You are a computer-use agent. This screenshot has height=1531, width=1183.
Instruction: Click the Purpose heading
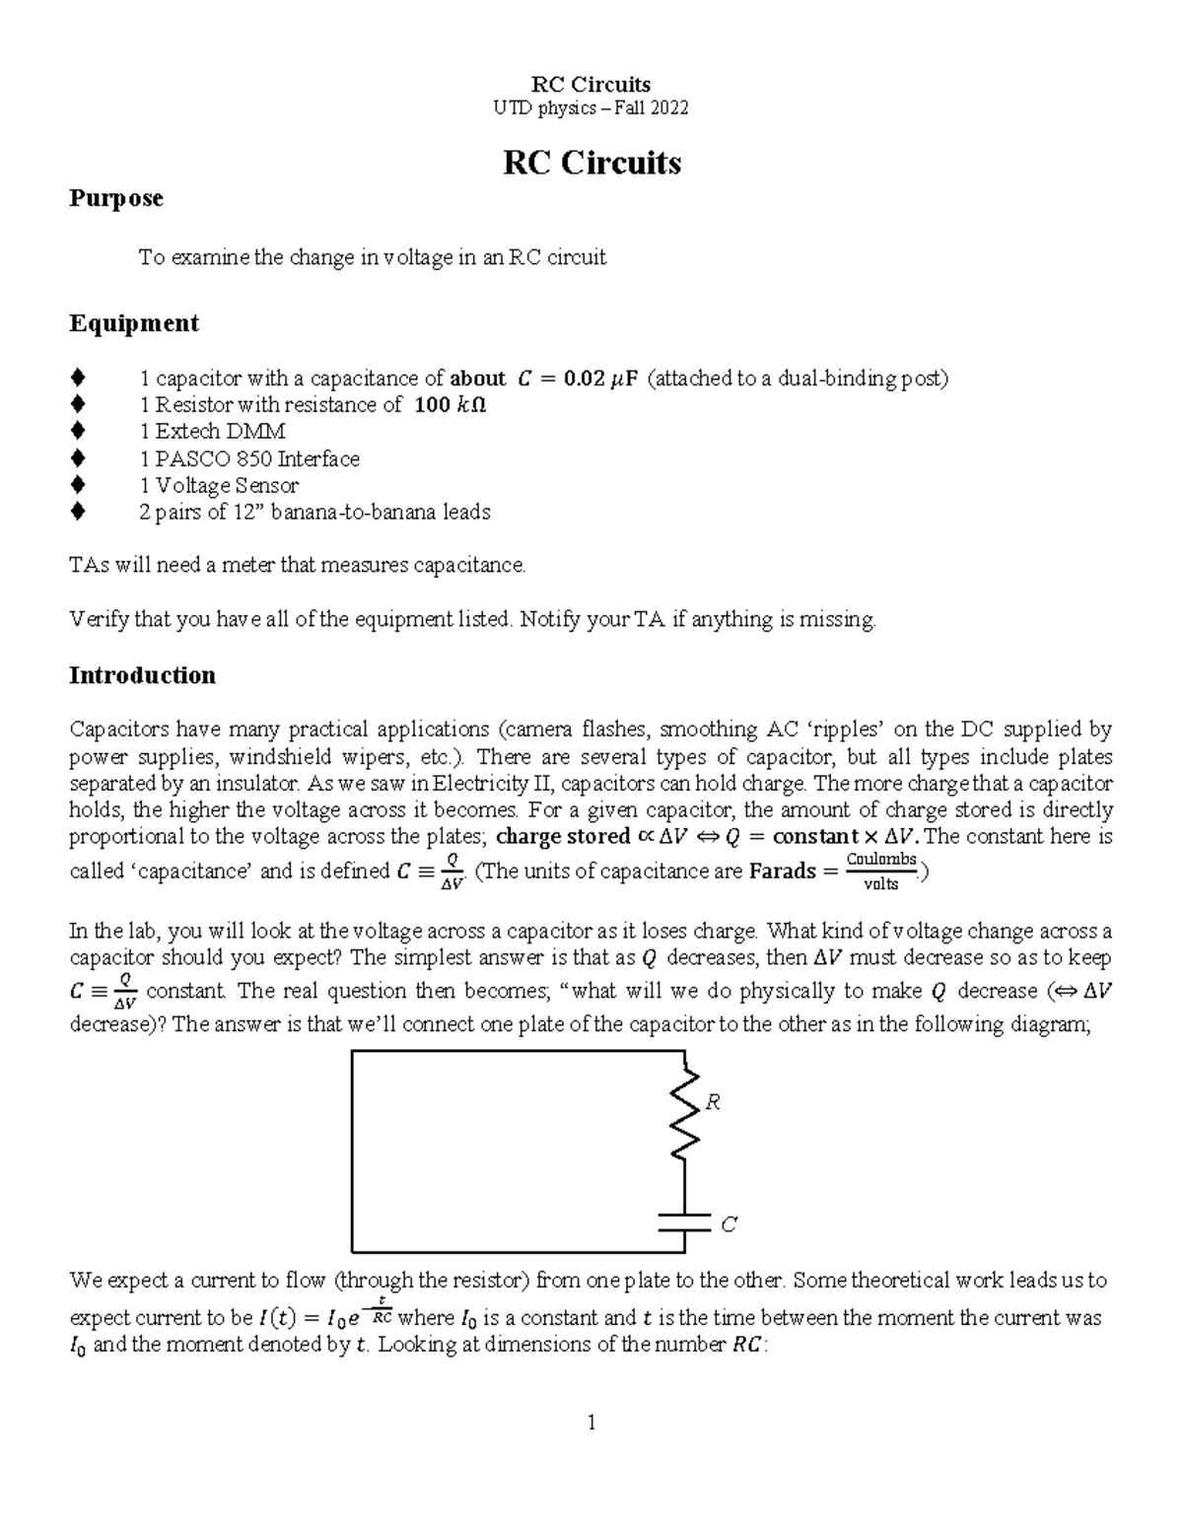pyautogui.click(x=115, y=198)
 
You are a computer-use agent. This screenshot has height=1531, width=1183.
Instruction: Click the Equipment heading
pyautogui.click(x=133, y=323)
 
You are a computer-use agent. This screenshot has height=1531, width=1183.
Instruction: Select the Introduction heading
pyautogui.click(x=142, y=675)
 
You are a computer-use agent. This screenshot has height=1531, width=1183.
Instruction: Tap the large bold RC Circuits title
pyautogui.click(x=591, y=163)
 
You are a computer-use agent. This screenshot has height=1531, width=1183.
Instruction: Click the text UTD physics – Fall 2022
pyautogui.click(x=591, y=107)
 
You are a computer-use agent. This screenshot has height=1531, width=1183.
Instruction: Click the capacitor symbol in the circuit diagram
pyautogui.click(x=684, y=1222)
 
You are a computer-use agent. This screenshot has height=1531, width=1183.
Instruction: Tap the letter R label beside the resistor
pyautogui.click(x=713, y=1102)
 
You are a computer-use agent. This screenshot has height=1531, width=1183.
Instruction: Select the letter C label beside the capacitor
pyautogui.click(x=729, y=1224)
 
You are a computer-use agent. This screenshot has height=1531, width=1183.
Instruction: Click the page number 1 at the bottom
pyautogui.click(x=591, y=1422)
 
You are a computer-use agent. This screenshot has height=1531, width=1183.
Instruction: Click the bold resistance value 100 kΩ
pyautogui.click(x=451, y=405)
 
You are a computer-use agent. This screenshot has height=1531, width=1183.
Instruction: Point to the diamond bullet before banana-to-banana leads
pyautogui.click(x=78, y=512)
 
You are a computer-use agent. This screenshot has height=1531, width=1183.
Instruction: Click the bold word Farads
pyautogui.click(x=783, y=871)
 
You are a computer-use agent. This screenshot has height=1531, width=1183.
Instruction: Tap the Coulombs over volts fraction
pyautogui.click(x=881, y=871)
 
